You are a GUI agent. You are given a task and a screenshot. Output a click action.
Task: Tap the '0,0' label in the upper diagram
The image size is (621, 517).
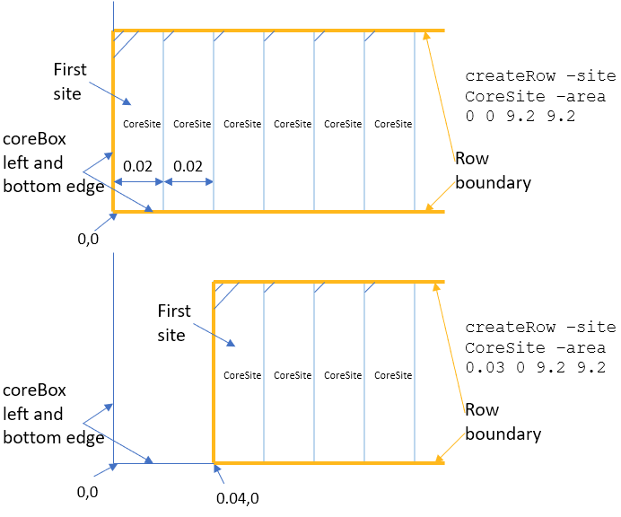90,240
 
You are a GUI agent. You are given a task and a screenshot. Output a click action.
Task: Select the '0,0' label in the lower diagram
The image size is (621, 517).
88,491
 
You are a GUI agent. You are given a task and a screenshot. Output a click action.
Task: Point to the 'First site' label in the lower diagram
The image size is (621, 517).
174,323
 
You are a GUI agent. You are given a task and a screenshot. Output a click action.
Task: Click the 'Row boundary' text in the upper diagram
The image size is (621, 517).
493,171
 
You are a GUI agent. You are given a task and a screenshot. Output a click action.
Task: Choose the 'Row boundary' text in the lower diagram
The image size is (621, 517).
503,422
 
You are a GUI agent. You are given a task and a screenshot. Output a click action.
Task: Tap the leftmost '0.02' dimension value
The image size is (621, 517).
137,166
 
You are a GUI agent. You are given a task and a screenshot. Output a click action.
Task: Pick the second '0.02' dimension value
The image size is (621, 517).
188,166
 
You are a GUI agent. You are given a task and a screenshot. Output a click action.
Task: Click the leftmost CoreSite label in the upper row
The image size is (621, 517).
142,124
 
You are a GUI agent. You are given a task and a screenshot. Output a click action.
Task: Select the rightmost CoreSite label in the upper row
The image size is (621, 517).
393,124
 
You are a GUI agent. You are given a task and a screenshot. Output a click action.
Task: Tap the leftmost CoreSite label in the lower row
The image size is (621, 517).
242,375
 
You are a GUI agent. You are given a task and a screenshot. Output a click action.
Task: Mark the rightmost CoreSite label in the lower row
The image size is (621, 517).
393,375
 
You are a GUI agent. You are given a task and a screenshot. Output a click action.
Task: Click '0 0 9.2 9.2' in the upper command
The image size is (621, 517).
520,116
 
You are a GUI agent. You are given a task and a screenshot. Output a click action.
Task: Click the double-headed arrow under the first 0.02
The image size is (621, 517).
137,181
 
